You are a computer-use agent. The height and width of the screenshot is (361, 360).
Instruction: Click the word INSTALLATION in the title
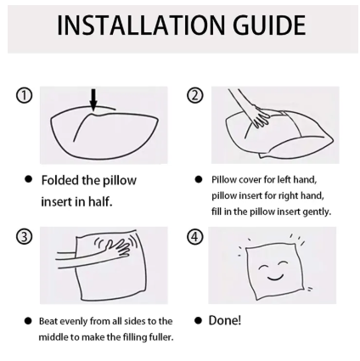pos(142,25)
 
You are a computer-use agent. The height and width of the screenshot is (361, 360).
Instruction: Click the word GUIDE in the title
pos(269,25)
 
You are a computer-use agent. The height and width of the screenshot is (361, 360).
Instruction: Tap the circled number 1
pos(24,96)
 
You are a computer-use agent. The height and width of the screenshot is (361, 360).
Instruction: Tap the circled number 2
pos(195,95)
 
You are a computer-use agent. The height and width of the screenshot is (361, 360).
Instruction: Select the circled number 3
pos(24,236)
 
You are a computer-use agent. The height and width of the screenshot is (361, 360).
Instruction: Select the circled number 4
pos(195,236)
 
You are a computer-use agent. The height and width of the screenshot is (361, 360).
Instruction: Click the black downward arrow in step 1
pos(93,99)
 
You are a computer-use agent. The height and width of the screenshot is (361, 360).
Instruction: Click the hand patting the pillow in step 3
pos(117,247)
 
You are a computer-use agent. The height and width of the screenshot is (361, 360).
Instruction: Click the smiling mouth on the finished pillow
pos(275,277)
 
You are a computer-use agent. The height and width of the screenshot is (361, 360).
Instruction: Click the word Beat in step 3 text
pos(48,321)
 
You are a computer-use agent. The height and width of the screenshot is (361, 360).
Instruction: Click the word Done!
pos(225,320)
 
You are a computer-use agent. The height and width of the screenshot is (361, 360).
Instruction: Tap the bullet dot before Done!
pos(199,321)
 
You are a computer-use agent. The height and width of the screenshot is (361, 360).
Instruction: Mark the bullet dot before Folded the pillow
pos(28,179)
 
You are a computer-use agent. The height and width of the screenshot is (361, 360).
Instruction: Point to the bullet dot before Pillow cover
pos(199,179)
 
